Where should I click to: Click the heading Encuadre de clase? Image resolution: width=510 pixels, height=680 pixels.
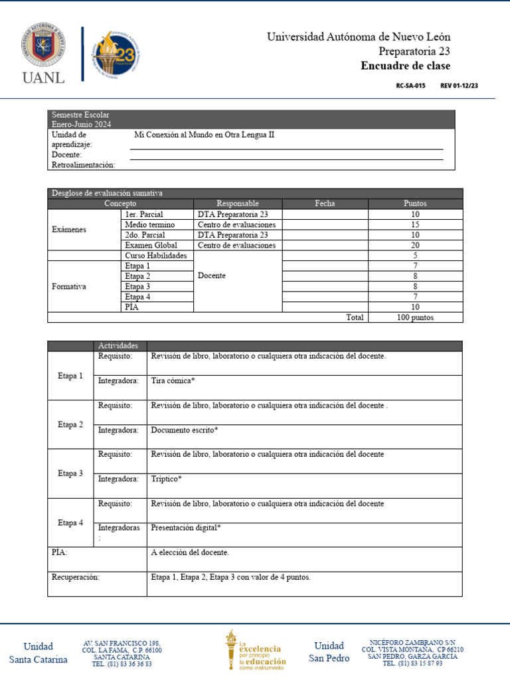(x=405, y=66)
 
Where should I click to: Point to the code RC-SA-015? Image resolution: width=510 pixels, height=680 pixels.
(x=410, y=86)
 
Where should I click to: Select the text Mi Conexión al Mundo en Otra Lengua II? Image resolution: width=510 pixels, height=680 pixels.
(x=204, y=135)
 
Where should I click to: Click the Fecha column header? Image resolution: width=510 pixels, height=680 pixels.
(x=325, y=204)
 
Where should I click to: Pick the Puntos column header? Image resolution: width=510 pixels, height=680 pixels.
(x=415, y=204)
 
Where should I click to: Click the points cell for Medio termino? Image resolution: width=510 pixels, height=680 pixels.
(x=415, y=225)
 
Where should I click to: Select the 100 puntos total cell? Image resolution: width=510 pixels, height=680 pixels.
(x=415, y=317)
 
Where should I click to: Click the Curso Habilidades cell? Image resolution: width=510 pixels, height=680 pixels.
(x=156, y=256)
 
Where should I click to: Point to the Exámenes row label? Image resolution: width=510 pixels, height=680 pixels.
(x=69, y=230)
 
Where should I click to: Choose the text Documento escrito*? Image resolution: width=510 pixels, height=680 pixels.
(x=184, y=430)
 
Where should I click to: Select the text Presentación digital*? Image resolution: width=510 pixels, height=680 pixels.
(x=186, y=528)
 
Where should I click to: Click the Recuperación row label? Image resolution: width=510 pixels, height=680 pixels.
(x=76, y=577)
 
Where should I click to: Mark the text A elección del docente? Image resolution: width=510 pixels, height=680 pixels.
(x=190, y=552)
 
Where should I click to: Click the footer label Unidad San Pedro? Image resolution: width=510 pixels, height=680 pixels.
(x=329, y=652)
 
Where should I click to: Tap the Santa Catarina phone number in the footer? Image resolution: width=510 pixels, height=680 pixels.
(x=122, y=663)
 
